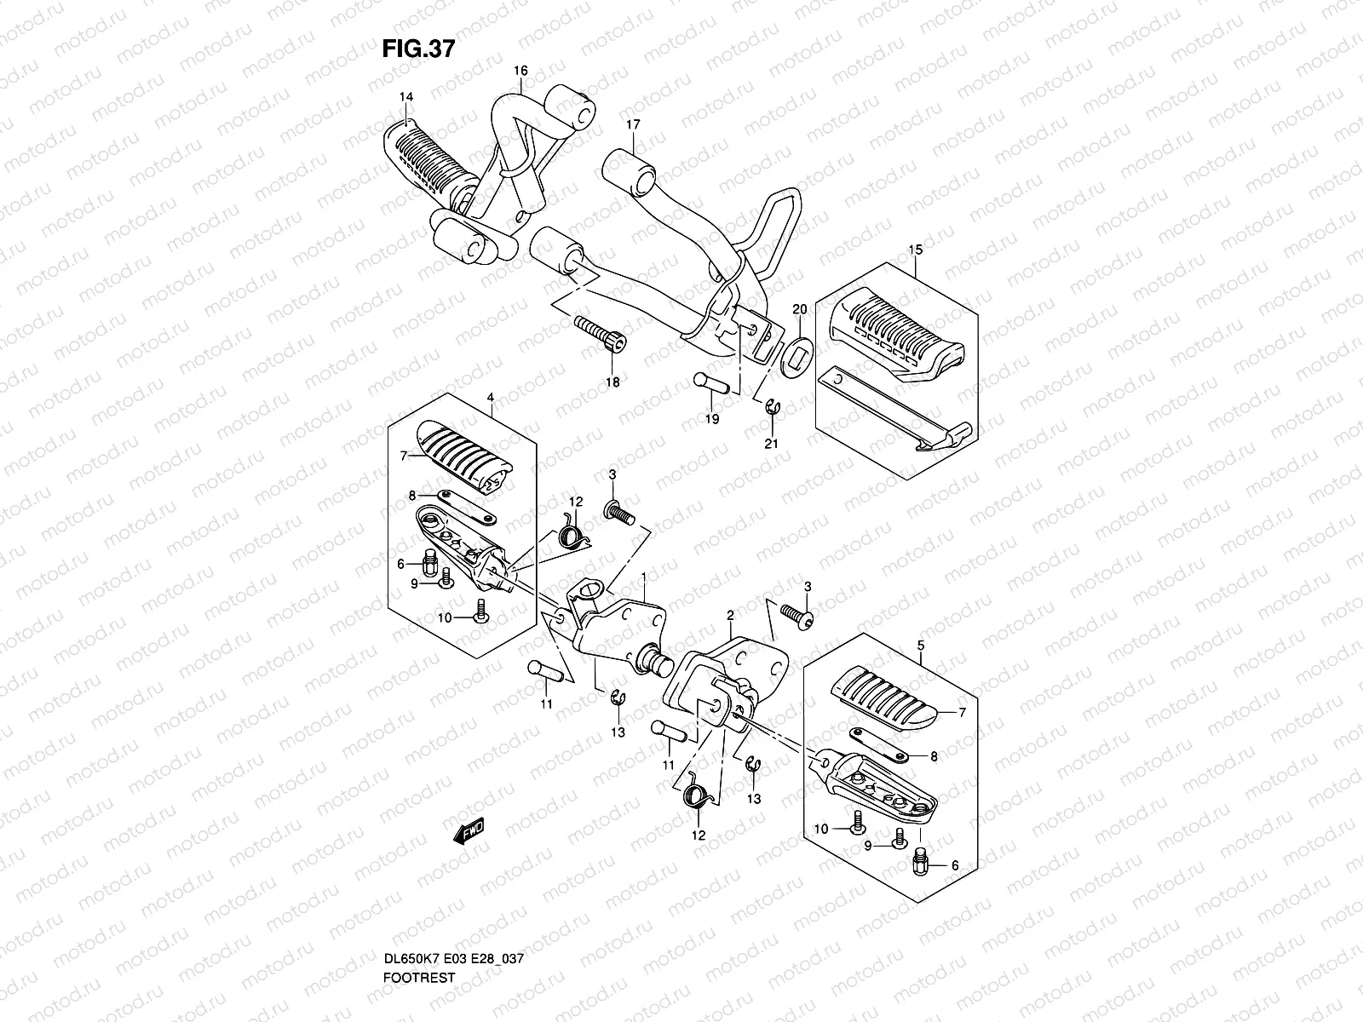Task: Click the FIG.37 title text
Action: point(417,49)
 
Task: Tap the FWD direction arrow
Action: point(468,830)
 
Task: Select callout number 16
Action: point(521,70)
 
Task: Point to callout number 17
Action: point(633,124)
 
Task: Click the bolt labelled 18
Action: point(601,335)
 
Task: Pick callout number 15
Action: point(916,250)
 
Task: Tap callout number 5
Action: point(921,646)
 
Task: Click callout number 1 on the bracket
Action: point(644,577)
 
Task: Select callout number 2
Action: point(730,614)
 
